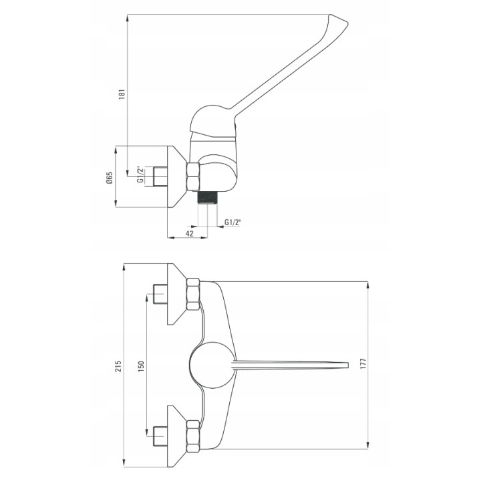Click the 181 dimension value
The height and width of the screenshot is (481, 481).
[122, 94]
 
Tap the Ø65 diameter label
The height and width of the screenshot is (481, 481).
[109, 178]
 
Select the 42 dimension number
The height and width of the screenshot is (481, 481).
[190, 233]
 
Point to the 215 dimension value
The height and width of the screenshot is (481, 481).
[118, 366]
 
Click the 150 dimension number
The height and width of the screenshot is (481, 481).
[141, 367]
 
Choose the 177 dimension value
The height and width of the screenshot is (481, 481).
[363, 363]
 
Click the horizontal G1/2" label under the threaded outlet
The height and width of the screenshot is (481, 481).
[233, 222]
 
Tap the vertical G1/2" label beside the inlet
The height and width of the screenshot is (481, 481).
[140, 175]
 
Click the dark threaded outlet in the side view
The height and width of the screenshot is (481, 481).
[207, 198]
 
